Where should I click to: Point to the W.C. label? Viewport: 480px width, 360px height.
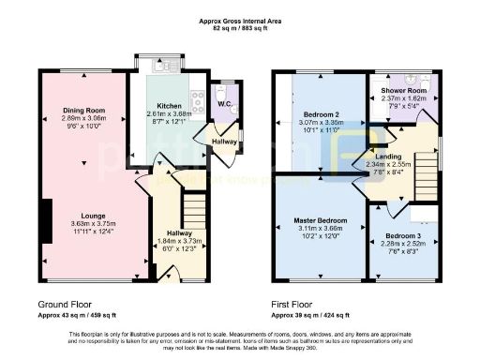click(225, 104)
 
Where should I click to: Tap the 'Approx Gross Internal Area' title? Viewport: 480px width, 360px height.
click(240, 20)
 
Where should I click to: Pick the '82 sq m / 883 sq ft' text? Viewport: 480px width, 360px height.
click(240, 28)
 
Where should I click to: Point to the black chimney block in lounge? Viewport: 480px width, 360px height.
click(44, 218)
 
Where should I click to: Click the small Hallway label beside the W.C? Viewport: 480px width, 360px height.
click(225, 142)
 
